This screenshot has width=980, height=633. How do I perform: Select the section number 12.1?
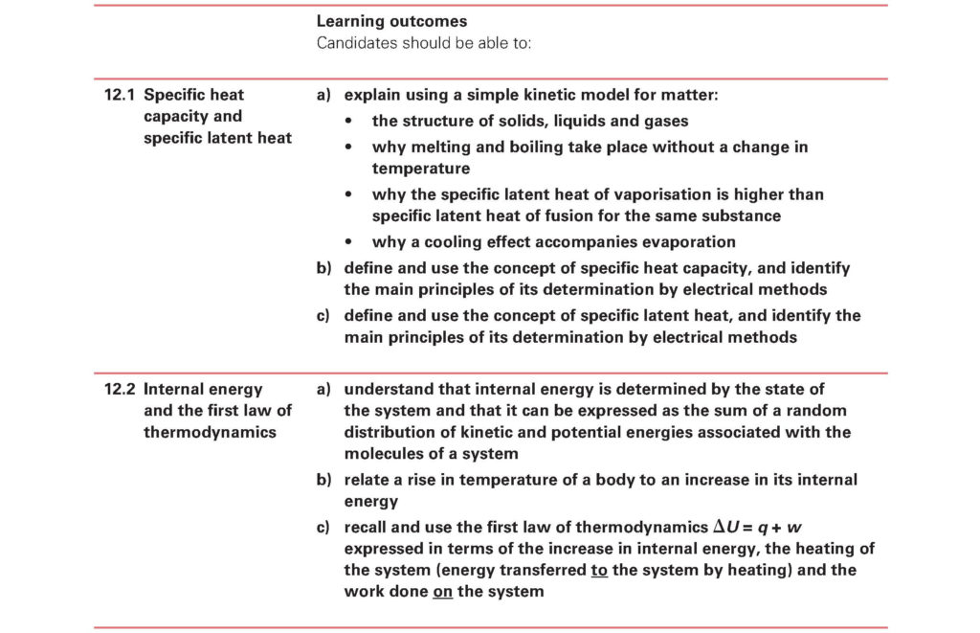(x=120, y=95)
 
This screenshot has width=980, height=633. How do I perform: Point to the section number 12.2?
(x=120, y=390)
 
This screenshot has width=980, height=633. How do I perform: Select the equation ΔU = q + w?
(x=764, y=528)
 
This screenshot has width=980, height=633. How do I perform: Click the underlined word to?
(x=601, y=571)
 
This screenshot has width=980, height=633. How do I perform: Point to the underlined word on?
(x=442, y=592)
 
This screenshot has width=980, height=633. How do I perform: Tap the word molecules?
(x=381, y=454)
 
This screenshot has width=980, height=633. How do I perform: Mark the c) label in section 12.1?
(x=323, y=315)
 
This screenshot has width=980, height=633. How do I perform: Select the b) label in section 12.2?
(x=323, y=480)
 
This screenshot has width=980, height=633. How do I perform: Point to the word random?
(x=815, y=412)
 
